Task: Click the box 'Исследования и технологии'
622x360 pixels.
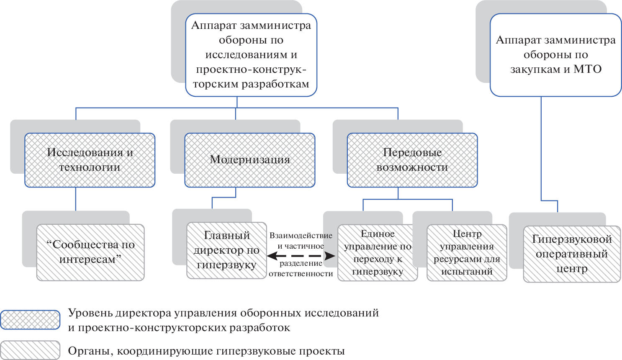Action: [90, 160]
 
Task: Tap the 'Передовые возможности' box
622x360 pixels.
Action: [412, 160]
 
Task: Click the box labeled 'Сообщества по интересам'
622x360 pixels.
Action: [90, 252]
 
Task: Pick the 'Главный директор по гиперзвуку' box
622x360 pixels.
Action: [226, 250]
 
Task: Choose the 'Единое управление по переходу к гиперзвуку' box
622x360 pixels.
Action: [378, 253]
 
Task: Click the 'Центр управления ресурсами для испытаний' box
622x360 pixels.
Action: [467, 253]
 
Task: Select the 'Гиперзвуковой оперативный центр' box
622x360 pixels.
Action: [572, 254]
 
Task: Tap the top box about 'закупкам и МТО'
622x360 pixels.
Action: [555, 55]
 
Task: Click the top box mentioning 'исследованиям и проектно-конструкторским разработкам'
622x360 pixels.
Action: [251, 55]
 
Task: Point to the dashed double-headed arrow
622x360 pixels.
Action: [301, 255]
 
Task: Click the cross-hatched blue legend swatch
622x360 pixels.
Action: [30, 320]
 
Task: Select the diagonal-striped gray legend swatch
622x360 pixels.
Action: [30, 350]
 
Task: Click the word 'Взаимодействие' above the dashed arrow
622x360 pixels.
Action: [301, 236]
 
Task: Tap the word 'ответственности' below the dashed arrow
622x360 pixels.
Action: [301, 274]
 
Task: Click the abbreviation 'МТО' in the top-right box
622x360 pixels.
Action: [587, 69]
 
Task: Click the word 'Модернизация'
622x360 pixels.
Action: [250, 159]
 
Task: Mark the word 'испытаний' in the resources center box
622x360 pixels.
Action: [467, 272]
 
